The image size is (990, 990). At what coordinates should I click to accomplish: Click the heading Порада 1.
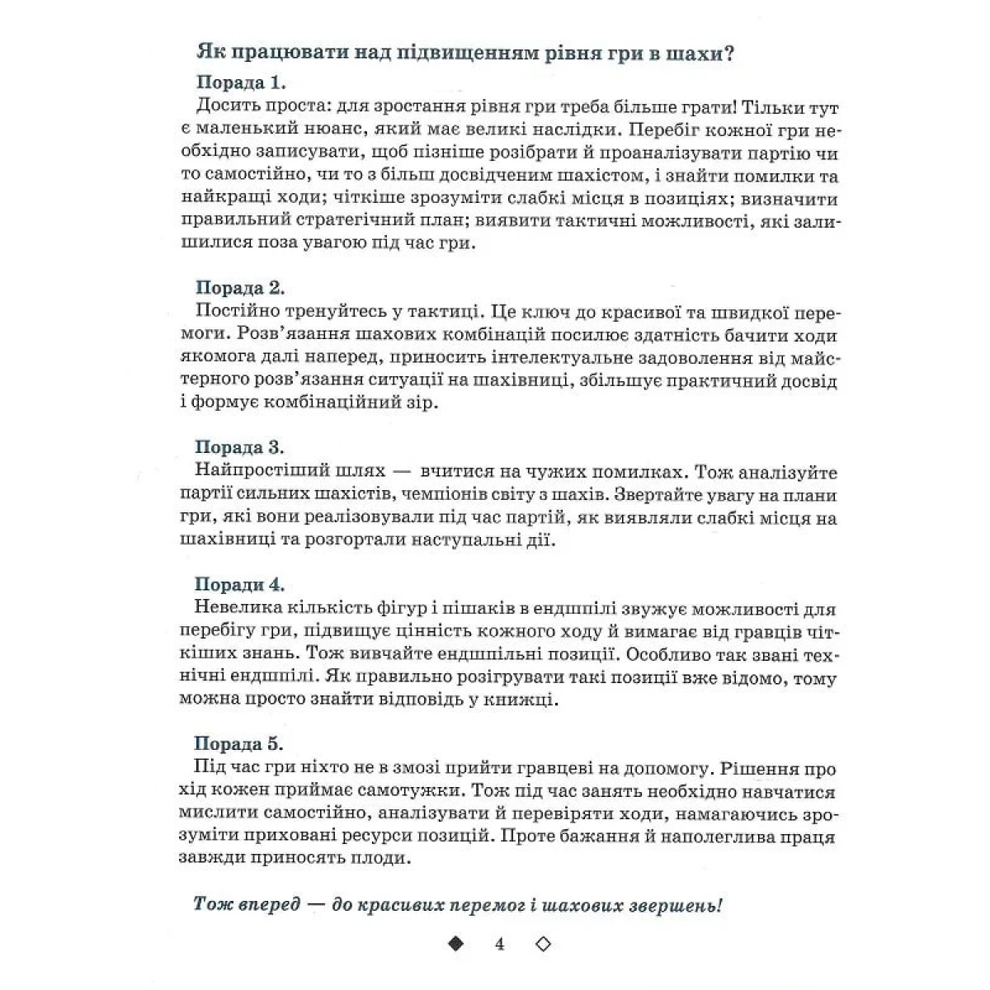click(x=240, y=82)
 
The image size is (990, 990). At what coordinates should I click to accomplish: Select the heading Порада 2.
click(x=240, y=288)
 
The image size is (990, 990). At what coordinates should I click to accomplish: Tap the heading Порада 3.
click(x=240, y=447)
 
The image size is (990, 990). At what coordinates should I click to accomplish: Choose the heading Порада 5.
click(x=240, y=743)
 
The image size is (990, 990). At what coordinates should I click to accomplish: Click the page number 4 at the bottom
click(x=500, y=944)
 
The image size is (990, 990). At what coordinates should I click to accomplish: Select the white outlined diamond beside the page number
click(x=544, y=944)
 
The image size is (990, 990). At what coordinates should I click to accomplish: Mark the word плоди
click(x=382, y=858)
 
